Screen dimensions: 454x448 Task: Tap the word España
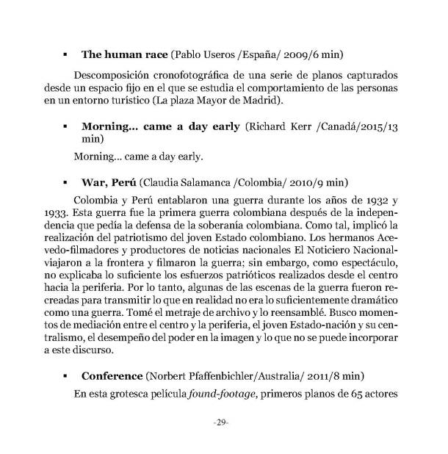point(259,54)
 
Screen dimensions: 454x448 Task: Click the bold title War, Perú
point(109,181)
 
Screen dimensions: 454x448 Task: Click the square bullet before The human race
point(66,54)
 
